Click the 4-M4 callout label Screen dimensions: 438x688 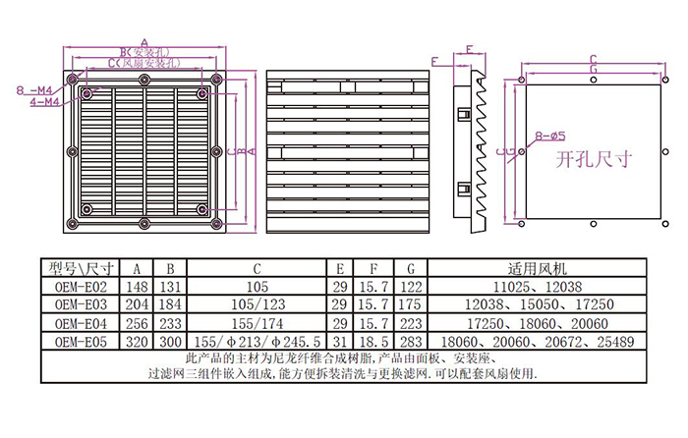coord(44,100)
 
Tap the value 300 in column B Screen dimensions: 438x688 coord(170,341)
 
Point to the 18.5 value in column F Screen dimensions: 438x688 coord(373,341)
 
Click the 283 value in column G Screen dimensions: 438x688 coord(412,341)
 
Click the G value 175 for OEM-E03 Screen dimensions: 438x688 coord(412,304)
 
